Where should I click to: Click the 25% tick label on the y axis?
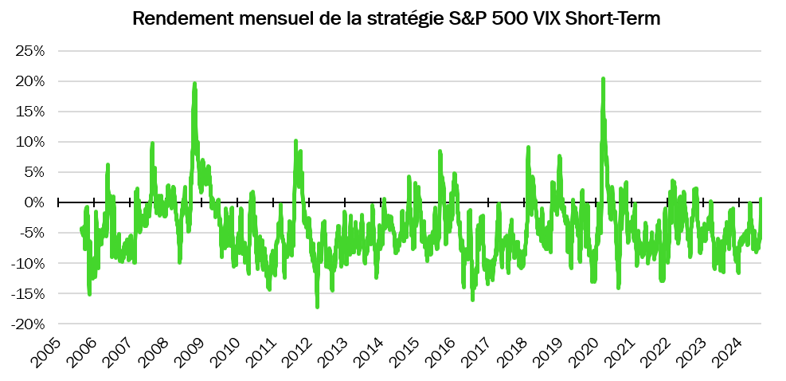[x=29, y=51]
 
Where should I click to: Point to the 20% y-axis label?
[x=29, y=81]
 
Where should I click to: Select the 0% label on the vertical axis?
[x=33, y=202]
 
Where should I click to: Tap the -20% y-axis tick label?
[x=27, y=324]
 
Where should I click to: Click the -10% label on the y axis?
[x=27, y=263]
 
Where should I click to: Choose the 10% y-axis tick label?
[x=29, y=142]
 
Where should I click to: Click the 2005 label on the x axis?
[x=46, y=351]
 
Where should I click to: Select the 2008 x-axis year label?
[x=154, y=351]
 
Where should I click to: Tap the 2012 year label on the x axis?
[x=297, y=351]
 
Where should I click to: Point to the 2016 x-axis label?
[x=440, y=351]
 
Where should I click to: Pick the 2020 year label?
[x=584, y=351]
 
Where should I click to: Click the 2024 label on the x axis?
[x=727, y=351]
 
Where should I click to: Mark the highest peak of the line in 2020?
[x=603, y=78]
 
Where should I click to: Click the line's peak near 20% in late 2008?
[x=194, y=83]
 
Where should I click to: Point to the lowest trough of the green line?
[x=317, y=307]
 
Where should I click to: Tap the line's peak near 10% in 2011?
[x=296, y=141]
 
